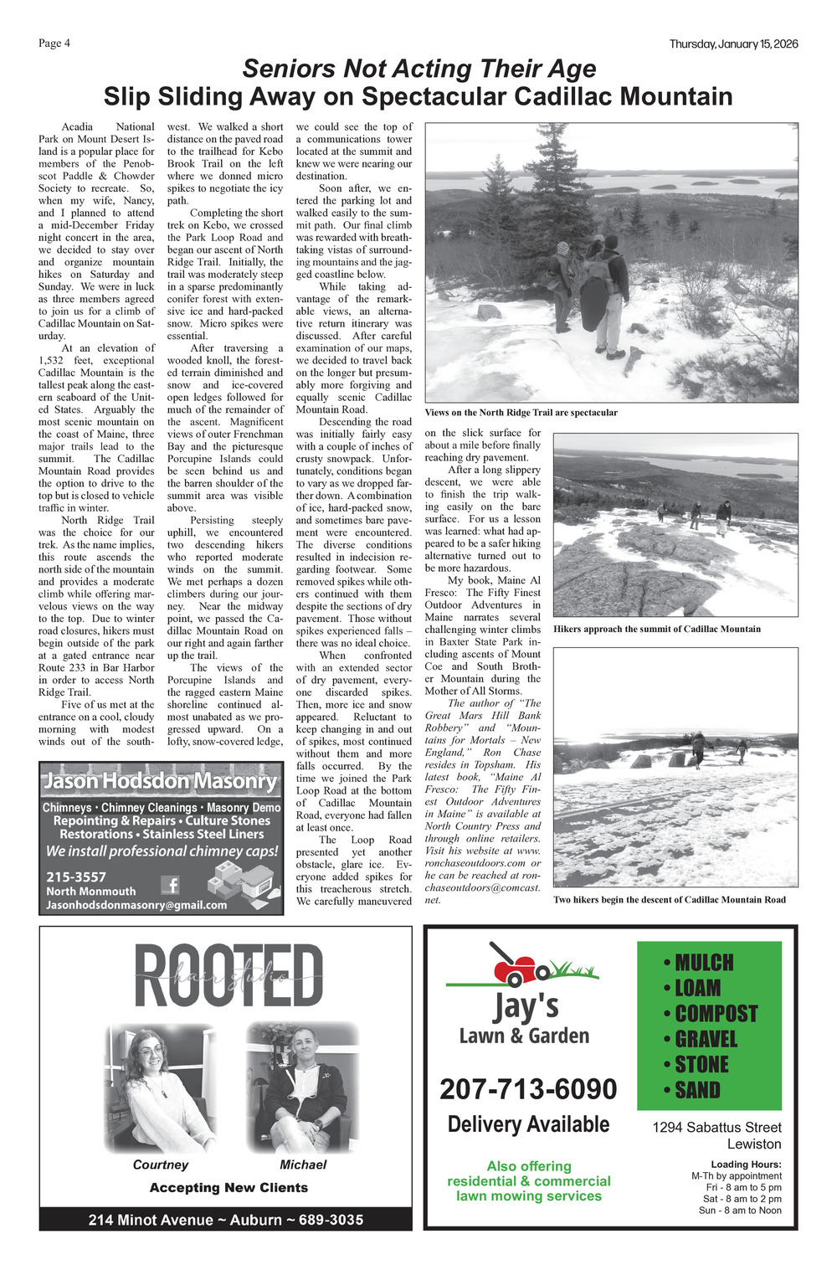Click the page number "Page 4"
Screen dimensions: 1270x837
pyautogui.click(x=54, y=44)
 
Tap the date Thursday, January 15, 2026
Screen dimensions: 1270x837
pyautogui.click(x=733, y=44)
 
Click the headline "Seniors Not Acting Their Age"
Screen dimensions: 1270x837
pyautogui.click(x=418, y=69)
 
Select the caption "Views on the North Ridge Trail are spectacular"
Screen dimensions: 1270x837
pyautogui.click(x=521, y=413)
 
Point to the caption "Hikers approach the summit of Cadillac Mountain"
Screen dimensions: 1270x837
pyautogui.click(x=657, y=629)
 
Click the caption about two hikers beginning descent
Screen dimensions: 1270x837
pyautogui.click(x=669, y=900)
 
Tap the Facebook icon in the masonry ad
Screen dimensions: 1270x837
pyautogui.click(x=171, y=884)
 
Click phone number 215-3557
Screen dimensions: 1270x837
pyautogui.click(x=76, y=877)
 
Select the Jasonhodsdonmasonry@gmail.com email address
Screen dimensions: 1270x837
pyautogui.click(x=136, y=905)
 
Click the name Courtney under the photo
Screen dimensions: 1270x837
pyautogui.click(x=161, y=1165)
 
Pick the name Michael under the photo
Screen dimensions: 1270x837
pyautogui.click(x=303, y=1165)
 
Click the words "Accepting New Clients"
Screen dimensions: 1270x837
pyautogui.click(x=229, y=1187)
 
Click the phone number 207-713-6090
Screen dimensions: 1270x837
pyautogui.click(x=528, y=1089)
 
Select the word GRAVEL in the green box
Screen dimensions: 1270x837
pyautogui.click(x=706, y=1039)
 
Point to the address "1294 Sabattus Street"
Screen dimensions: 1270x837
pyautogui.click(x=716, y=1128)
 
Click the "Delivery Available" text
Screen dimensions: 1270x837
pyautogui.click(x=528, y=1124)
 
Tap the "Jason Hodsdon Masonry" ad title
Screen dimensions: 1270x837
pyautogui.click(x=160, y=781)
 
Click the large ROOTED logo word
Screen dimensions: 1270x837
pyautogui.click(x=228, y=976)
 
